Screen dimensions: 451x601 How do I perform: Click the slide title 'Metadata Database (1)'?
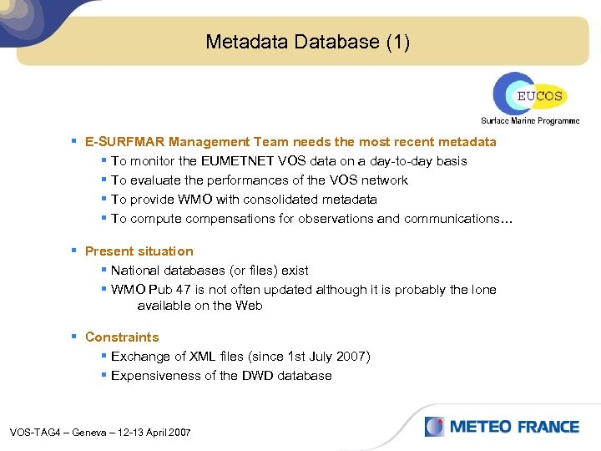click(307, 42)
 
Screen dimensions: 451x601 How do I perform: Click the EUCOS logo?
click(528, 94)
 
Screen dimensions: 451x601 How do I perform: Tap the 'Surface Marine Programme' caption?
click(529, 121)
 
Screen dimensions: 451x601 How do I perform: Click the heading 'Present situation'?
click(139, 251)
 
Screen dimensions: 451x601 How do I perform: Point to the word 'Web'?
click(250, 306)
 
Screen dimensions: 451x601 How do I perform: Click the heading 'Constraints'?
click(122, 337)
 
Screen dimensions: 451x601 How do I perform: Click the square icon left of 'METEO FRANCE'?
click(434, 427)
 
